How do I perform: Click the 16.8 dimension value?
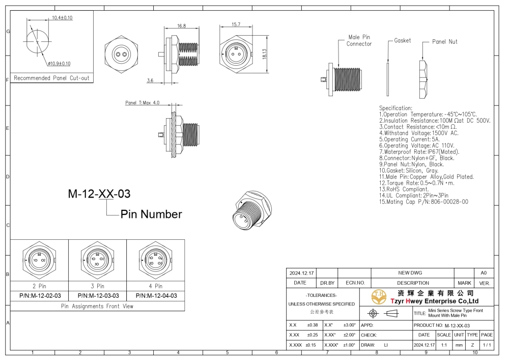pos(181,25)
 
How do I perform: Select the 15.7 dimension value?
pos(236,24)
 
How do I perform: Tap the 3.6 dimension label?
pos(150,80)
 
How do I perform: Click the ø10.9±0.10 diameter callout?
pos(60,64)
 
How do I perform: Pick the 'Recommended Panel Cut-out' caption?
pos(51,78)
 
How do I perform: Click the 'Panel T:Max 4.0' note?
pos(143,103)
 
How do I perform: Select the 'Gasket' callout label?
pos(403,41)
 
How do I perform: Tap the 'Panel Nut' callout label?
pos(444,42)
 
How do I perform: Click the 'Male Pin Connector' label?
pos(359,41)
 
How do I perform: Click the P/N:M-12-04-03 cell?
pos(156,295)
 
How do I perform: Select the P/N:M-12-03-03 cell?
pos(98,295)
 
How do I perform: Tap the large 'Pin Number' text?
pos(151,214)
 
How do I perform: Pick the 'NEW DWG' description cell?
pos(413,273)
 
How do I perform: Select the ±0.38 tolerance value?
pos(312,325)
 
